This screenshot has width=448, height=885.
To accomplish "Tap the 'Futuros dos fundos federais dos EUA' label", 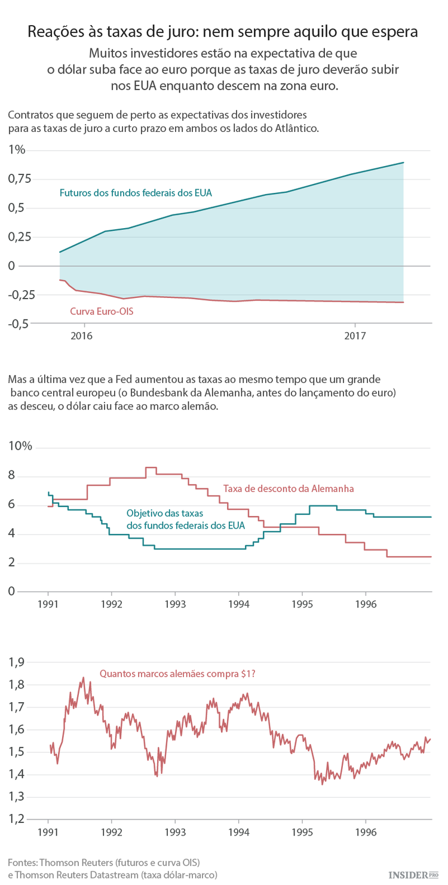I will tap(136, 193).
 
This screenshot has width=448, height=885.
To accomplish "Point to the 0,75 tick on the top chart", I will tap(20, 179).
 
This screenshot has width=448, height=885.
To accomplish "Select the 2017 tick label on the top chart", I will tap(355, 336).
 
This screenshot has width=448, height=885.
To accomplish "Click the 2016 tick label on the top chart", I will tap(81, 336).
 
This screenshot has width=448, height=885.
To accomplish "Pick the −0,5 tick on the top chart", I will tap(19, 324).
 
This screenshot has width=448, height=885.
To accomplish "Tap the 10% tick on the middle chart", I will tap(20, 448).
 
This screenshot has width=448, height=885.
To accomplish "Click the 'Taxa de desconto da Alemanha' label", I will tap(289, 488).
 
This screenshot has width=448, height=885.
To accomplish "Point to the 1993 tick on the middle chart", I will tap(174, 604).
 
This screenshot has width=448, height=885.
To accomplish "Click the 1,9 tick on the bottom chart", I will tap(17, 662).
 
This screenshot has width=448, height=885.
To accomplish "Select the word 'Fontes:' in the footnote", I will tap(22, 862).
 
